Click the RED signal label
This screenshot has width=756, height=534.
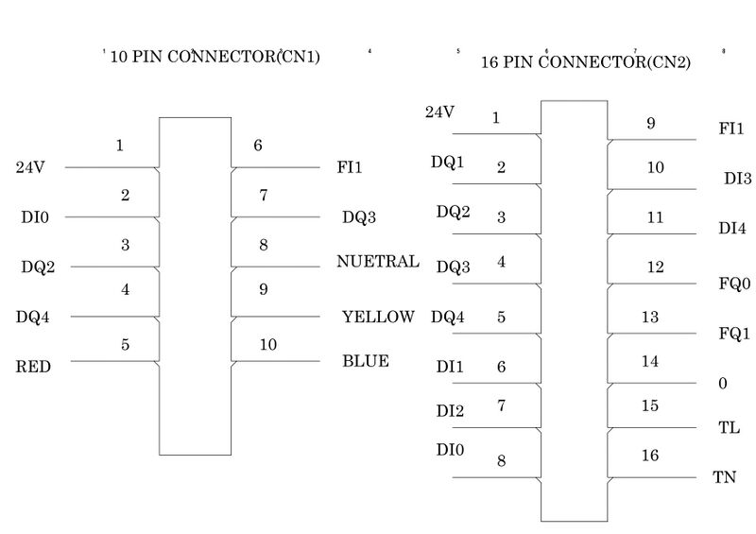[x=33, y=368]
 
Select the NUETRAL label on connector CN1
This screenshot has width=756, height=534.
[x=378, y=262]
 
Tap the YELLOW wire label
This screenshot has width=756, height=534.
[x=378, y=317]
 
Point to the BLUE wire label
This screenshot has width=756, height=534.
[x=366, y=361]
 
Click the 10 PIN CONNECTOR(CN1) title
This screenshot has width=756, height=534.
[x=215, y=57]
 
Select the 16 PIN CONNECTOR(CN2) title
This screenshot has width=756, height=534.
[x=586, y=63]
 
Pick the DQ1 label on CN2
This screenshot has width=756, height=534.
[x=448, y=162]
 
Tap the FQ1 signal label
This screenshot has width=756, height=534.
[x=733, y=334]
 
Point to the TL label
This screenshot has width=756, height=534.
[x=729, y=427]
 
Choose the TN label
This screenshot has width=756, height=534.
[x=725, y=477]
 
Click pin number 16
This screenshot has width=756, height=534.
[x=649, y=456]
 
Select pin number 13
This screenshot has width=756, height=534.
[x=649, y=318]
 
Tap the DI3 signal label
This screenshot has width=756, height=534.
[x=737, y=178]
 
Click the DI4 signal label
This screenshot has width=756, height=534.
[x=733, y=228]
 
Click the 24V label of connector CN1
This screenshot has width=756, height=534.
[x=30, y=168]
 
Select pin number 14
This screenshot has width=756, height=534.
[x=649, y=361]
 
